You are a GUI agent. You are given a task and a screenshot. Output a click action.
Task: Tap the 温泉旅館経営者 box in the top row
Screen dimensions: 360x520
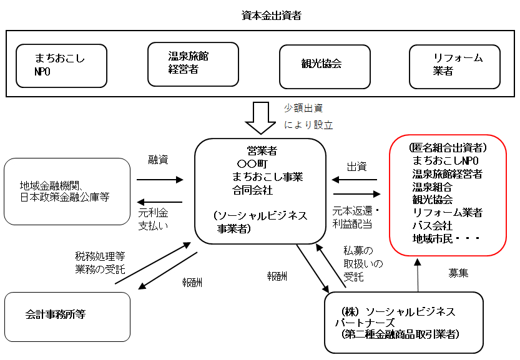(193, 64)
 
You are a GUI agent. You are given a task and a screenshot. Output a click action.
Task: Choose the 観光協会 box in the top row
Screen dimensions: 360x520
(324, 66)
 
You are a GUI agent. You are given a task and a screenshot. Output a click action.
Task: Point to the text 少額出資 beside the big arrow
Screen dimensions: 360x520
(303, 108)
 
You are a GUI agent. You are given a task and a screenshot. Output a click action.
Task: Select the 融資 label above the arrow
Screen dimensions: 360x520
(158, 160)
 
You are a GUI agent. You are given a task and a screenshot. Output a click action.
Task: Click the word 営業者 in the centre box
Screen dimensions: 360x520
(262, 150)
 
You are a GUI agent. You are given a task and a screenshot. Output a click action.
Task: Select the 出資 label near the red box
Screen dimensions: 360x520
(356, 167)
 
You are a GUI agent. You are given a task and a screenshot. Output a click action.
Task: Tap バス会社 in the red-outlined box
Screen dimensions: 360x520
(433, 225)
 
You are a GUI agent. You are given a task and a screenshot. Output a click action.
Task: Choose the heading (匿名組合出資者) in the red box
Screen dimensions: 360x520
(448, 148)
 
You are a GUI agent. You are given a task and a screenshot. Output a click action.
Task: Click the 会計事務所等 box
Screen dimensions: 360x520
(67, 316)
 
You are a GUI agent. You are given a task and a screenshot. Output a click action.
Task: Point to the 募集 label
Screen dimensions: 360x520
(459, 273)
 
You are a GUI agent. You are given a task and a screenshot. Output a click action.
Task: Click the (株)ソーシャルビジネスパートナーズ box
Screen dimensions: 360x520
(403, 322)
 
